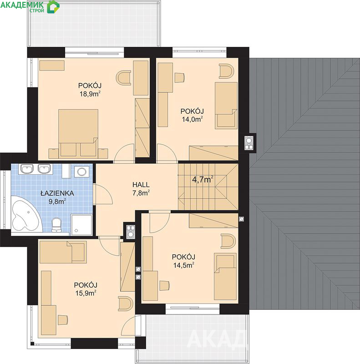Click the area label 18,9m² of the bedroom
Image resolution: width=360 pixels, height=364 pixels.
tap(90, 94)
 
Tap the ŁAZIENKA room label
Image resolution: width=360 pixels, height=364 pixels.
tap(57, 193)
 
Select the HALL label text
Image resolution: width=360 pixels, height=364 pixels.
tap(141, 185)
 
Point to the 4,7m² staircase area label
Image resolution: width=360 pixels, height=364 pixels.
tap(203, 179)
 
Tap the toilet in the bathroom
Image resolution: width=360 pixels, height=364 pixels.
tap(56, 224)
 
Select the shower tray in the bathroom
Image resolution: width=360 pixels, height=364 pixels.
tap(81, 225)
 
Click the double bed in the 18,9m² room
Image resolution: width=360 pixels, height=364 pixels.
tap(78, 133)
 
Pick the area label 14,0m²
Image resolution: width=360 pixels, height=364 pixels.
tap(193, 119)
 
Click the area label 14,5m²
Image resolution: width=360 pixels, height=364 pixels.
tap(184, 265)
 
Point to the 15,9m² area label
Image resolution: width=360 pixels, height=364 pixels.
tap(86, 293)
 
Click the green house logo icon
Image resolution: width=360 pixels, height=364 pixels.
tap(53, 6)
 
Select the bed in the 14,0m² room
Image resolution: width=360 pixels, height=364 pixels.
tap(226, 106)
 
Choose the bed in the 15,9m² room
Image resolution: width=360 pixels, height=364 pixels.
tap(63, 252)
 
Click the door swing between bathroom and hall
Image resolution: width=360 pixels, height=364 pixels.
tap(104, 195)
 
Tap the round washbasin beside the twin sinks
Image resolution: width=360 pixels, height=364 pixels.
tap(82, 172)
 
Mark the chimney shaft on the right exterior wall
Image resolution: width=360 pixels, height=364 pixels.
tap(249, 143)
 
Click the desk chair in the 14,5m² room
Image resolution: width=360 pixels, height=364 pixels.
tap(165, 286)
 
